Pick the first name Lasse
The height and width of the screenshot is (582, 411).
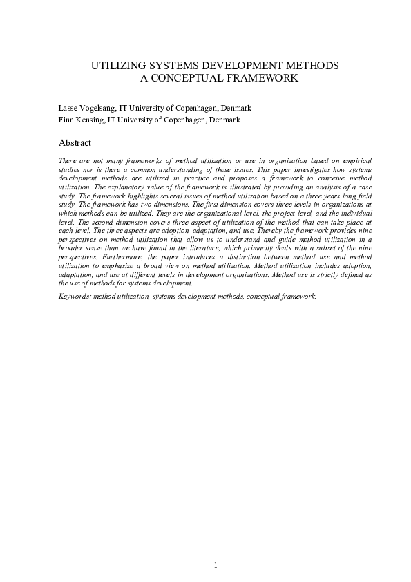(69, 108)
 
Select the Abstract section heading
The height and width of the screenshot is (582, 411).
(75, 143)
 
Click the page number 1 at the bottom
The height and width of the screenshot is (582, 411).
(216, 565)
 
